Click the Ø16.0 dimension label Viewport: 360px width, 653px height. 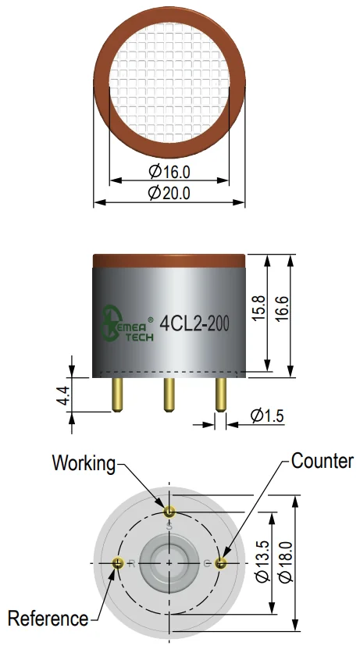(x=169, y=171)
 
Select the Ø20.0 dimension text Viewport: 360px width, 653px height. (x=169, y=193)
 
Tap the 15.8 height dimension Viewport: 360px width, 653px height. (x=258, y=309)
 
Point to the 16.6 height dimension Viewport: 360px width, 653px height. (x=282, y=309)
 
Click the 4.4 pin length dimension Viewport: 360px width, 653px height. (x=64, y=395)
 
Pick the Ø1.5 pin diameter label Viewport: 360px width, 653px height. (x=267, y=416)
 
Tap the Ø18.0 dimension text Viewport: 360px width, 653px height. (x=286, y=562)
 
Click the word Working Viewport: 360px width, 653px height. (x=84, y=463)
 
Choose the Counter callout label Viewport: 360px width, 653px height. (x=323, y=461)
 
